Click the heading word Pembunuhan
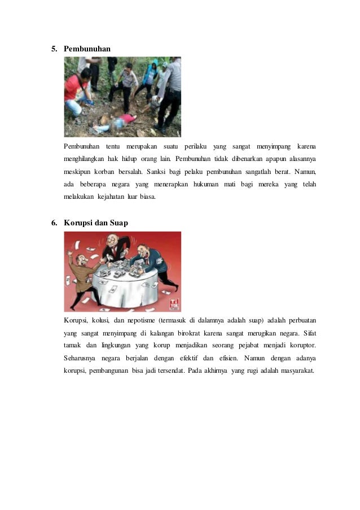[x=87, y=49]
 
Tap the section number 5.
[x=54, y=49]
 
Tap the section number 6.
[x=54, y=223]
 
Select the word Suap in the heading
[x=118, y=223]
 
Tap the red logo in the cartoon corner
[x=173, y=303]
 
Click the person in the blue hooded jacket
[x=150, y=76]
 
